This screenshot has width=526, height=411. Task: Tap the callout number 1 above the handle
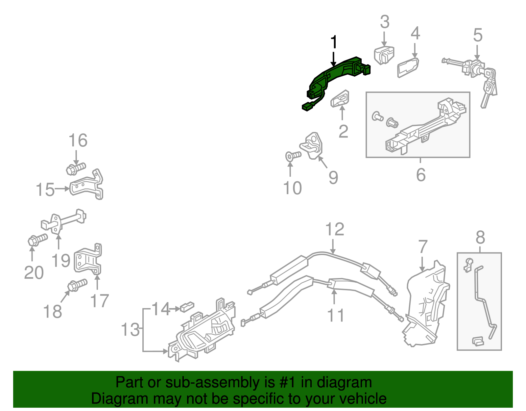click(x=334, y=43)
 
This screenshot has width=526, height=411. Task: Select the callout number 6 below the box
click(x=421, y=175)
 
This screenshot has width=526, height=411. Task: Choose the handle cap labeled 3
click(x=384, y=55)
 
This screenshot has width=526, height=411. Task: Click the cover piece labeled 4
click(x=408, y=67)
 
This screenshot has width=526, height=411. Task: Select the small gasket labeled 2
click(x=340, y=99)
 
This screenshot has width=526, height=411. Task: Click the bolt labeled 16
click(x=76, y=168)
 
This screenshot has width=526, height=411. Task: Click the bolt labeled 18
click(x=77, y=285)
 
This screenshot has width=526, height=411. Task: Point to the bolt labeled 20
click(x=37, y=239)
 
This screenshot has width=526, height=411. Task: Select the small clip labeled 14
click(x=187, y=307)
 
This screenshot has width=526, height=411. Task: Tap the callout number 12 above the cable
click(x=335, y=229)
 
